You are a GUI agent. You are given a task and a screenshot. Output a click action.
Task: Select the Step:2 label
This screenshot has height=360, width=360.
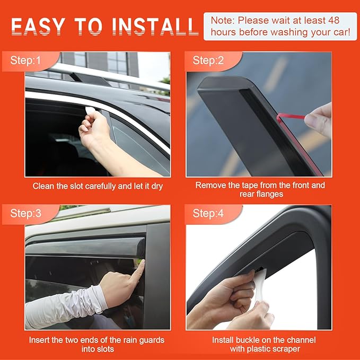pos(208,60)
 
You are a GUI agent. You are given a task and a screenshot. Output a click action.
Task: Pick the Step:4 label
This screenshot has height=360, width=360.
pos(208,214)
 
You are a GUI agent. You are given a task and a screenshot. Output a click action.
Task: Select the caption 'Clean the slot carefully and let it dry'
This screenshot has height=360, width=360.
pos(98,186)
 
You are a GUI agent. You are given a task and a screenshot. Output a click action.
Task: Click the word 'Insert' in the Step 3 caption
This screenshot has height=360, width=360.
pos(39,340)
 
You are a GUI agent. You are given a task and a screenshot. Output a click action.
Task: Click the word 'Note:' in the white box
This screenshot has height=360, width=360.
pos(223,20)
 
